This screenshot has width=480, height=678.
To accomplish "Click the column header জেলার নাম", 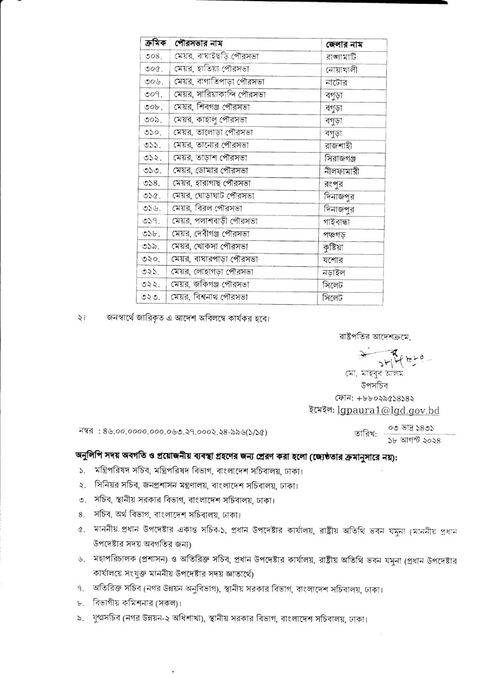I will pos(347,44).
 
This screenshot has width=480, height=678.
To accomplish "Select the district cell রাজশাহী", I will pos(339,146).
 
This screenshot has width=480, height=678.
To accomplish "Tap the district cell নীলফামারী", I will pos(343,171).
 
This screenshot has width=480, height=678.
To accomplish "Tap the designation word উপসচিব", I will pos(373,385).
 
